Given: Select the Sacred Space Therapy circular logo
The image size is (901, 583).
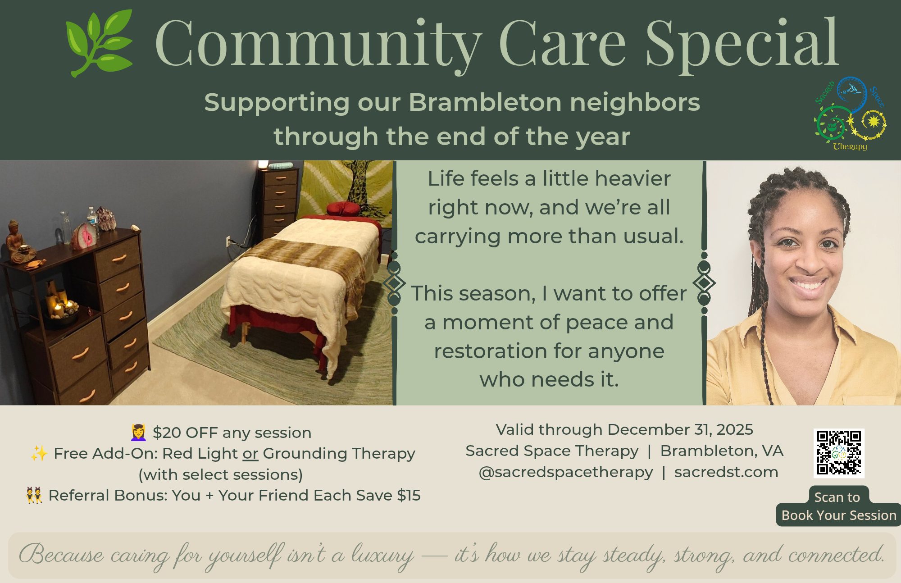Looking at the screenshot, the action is click(x=850, y=114).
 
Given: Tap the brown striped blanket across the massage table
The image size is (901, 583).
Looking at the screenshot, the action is click(x=306, y=266).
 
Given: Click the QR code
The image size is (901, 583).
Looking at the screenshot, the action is click(x=839, y=453).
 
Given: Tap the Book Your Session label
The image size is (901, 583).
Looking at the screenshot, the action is click(x=839, y=515).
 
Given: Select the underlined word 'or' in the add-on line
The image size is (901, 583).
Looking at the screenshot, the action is click(x=250, y=453).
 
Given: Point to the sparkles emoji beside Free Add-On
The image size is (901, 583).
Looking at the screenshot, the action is click(x=39, y=453).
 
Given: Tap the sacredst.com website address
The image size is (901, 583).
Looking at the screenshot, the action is click(x=726, y=472).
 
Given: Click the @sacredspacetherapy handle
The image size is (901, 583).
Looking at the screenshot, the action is click(x=565, y=472).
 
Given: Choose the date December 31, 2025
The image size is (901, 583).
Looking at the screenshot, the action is click(x=680, y=430).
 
